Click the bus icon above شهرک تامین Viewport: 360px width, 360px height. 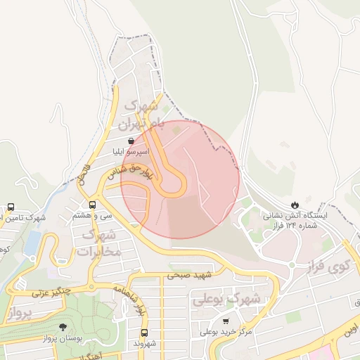tap(10, 207)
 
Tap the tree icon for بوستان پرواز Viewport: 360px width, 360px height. tap(63, 327)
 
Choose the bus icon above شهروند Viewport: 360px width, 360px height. tap(144, 333)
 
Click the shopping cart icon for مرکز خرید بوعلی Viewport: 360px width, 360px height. tap(225, 321)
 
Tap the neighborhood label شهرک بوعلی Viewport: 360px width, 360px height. tap(226, 299)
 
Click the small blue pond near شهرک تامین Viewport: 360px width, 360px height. tap(32, 243)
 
